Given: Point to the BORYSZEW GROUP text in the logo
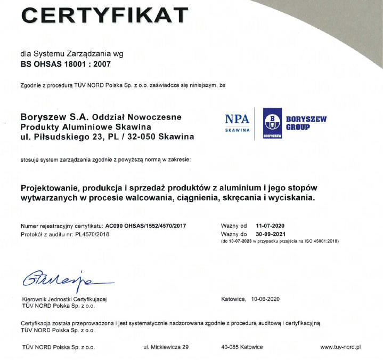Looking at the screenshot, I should tap(305, 124).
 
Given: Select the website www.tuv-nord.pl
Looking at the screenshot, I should tap(341, 347).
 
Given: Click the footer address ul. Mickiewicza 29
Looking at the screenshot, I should tap(166, 347).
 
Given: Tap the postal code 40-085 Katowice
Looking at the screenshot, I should tap(242, 347).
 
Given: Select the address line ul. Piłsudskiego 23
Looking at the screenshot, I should tap(59, 137).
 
